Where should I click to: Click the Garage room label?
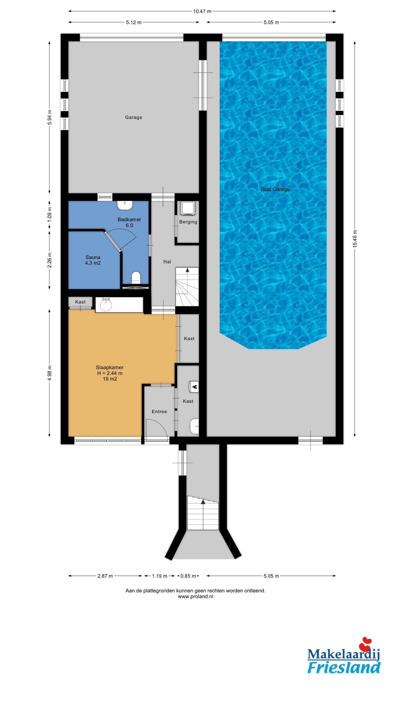tap(134, 117)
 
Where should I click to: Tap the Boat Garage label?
tap(275, 189)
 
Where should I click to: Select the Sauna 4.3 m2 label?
tap(93, 260)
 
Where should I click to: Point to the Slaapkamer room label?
tap(110, 367)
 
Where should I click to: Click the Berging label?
tap(188, 222)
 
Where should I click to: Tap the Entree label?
tap(159, 411)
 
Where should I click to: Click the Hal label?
tap(167, 262)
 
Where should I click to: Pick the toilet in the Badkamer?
tap(136, 277)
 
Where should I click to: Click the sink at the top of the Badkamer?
tap(125, 205)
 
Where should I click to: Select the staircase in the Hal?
tap(187, 287)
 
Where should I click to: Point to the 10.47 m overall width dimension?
tap(202, 11)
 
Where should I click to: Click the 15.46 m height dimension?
tap(355, 239)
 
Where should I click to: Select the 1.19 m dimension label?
tap(160, 576)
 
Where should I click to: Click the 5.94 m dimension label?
tap(50, 117)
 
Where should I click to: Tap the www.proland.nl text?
tap(196, 597)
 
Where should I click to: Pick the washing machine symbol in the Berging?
tap(186, 208)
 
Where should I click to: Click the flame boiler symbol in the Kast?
tap(194, 387)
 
